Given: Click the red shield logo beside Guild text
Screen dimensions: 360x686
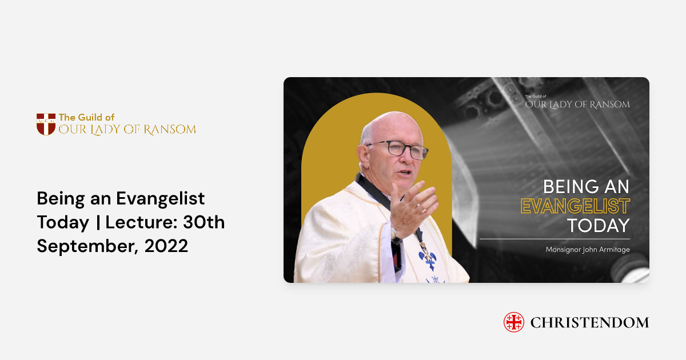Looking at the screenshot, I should coord(46,124).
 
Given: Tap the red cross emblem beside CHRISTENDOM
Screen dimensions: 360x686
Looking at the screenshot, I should coord(513,322).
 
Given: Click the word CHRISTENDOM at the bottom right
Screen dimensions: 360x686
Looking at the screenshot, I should coord(589,323).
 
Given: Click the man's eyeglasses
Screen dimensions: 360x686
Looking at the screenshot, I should coord(401,150).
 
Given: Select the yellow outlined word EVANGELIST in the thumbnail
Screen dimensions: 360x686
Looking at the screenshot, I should coord(575,206).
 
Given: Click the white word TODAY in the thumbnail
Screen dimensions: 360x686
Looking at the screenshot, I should coord(598,225).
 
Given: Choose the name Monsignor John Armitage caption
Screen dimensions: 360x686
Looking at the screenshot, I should coord(587,249).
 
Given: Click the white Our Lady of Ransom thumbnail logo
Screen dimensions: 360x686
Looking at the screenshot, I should coord(577,103).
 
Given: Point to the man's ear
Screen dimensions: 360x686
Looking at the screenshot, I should coord(362,156).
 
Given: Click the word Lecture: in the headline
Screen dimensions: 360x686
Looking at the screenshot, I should coord(127,222).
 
